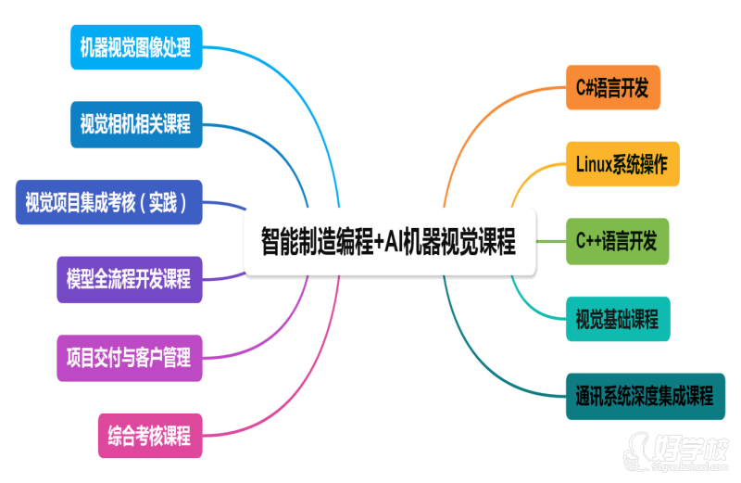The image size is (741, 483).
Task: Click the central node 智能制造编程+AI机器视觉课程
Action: click(389, 243)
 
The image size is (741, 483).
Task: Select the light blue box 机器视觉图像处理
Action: click(135, 46)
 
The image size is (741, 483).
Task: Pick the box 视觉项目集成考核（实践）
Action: click(109, 202)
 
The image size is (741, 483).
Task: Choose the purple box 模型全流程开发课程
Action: click(129, 279)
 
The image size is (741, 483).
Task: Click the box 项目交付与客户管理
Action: click(129, 357)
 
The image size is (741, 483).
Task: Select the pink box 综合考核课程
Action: click(149, 435)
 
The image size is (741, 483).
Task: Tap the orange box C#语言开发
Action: click(612, 87)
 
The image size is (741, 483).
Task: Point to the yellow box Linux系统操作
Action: click(622, 165)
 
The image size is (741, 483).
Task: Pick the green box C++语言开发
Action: click(616, 242)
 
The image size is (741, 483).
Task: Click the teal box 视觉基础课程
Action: click(617, 320)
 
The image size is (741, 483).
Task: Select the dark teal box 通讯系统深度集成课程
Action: click(644, 397)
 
